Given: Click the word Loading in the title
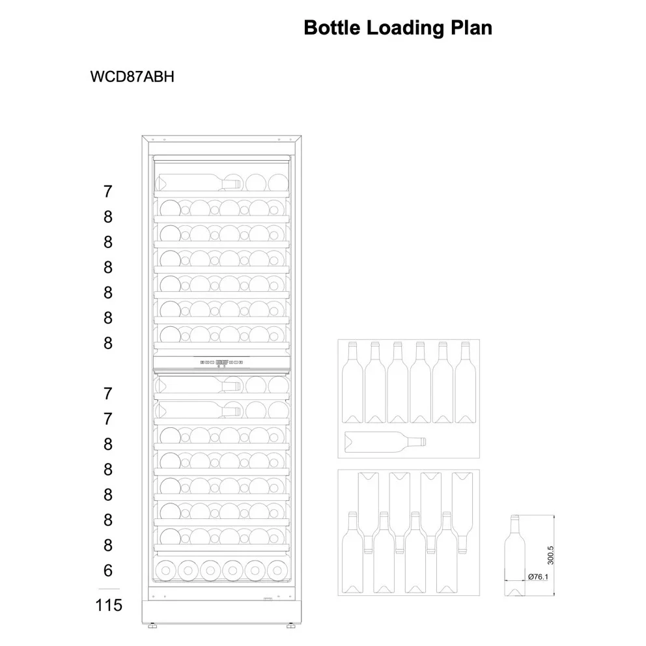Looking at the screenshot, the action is [405, 29].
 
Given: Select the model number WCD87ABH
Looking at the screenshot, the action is [132, 77].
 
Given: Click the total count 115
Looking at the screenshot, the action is [109, 605].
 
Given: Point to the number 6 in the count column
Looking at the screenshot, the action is [108, 570].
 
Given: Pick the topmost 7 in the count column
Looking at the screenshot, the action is [108, 191].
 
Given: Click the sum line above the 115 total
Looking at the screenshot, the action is [109, 589].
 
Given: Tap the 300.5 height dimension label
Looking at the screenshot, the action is [550, 555].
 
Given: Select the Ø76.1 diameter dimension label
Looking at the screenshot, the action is [538, 577].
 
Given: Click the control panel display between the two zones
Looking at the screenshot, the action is [221, 362].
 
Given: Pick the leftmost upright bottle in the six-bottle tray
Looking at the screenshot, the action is [353, 382].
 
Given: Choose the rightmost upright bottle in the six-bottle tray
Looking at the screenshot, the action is [465, 382].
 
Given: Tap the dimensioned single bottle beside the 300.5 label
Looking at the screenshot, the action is [514, 555].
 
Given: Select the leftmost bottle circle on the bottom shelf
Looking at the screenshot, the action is [165, 570].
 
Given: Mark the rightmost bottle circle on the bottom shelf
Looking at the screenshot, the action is [277, 570].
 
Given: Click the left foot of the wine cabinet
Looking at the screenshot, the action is [152, 625].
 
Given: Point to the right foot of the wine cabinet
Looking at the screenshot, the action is [291, 625].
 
